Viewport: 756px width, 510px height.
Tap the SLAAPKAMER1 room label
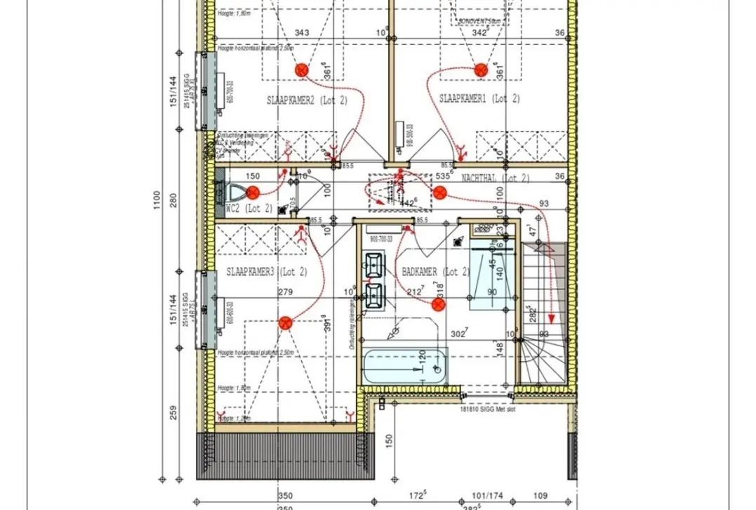click(x=479, y=98)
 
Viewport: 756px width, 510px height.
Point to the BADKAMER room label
click(x=435, y=271)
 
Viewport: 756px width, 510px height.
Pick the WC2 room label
click(x=248, y=209)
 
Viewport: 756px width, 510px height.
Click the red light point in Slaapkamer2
click(x=302, y=70)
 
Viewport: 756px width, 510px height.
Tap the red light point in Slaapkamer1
click(x=481, y=70)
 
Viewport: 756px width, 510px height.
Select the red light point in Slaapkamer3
click(x=285, y=323)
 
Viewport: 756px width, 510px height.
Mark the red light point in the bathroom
click(x=437, y=304)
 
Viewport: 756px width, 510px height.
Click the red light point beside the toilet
click(x=253, y=190)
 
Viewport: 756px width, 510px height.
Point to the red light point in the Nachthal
click(x=440, y=193)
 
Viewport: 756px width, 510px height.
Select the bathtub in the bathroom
click(x=404, y=367)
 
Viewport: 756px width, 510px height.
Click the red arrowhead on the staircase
click(x=552, y=318)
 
